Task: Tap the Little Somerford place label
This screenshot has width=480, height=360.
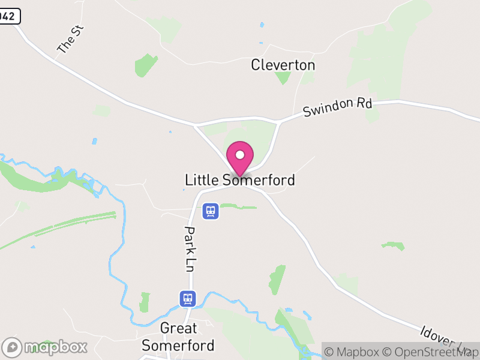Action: click(x=240, y=179)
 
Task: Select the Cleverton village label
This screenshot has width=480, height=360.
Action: click(x=283, y=65)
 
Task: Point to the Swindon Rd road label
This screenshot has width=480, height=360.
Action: click(x=338, y=108)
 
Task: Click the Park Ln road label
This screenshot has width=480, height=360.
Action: click(x=190, y=249)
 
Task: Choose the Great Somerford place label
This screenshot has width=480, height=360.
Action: click(x=178, y=337)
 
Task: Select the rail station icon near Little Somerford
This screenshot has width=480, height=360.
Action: click(x=209, y=211)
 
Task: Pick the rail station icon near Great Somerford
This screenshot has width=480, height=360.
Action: click(x=188, y=298)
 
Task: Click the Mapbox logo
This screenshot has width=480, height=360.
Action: click(x=45, y=347)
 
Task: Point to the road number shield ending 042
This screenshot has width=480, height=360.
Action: click(x=9, y=16)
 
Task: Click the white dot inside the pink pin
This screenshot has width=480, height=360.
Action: click(x=240, y=154)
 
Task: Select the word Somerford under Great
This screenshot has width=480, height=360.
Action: click(x=178, y=345)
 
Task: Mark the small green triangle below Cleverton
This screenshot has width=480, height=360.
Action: click(x=283, y=78)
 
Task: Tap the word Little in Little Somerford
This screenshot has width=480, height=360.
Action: click(x=202, y=179)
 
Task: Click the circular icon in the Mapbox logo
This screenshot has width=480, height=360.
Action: click(x=11, y=347)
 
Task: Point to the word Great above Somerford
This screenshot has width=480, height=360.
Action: click(x=178, y=328)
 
